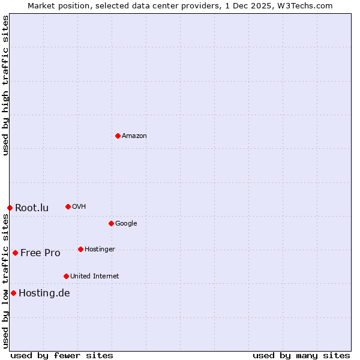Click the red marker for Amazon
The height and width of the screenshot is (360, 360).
coord(118,136)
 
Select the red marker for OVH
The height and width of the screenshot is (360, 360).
coord(68,206)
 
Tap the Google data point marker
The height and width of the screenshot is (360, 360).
coord(111,223)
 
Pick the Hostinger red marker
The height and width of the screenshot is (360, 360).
coord(80,249)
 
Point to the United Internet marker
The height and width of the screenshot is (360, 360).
coord(66,276)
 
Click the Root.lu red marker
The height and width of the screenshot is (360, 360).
coord(10,208)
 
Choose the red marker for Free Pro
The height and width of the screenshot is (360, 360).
coord(15,253)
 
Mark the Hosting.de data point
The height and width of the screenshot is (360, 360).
coord(13,293)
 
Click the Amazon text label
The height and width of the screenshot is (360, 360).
coord(134,136)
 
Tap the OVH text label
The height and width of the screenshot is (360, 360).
coord(79,207)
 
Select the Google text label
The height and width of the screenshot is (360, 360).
coord(126,224)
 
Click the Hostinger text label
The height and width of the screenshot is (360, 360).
coord(100,250)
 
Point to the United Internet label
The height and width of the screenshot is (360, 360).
coord(95,277)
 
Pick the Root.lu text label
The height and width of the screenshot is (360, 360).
coord(32,208)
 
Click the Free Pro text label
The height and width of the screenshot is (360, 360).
coord(40,253)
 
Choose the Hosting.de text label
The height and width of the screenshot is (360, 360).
coord(44,293)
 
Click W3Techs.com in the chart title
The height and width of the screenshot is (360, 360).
coord(308,5)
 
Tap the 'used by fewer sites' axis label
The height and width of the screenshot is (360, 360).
coord(62,355)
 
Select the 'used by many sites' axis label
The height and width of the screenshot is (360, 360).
coord(301,355)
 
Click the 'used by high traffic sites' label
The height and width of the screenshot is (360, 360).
coord(5,85)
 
